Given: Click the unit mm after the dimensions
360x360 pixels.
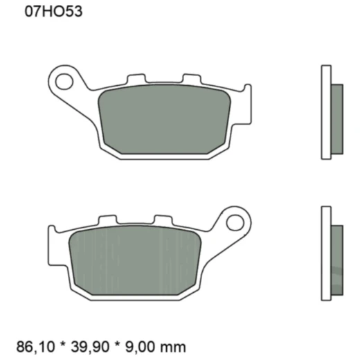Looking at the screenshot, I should pyautogui.click(x=178, y=344).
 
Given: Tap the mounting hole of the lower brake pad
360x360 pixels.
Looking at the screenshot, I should pyautogui.click(x=233, y=224).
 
